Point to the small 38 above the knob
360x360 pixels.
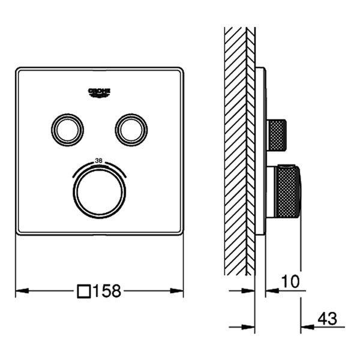100,161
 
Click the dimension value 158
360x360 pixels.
109,291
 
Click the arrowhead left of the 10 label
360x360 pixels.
269,291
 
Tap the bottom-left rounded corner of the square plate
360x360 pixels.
19,232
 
